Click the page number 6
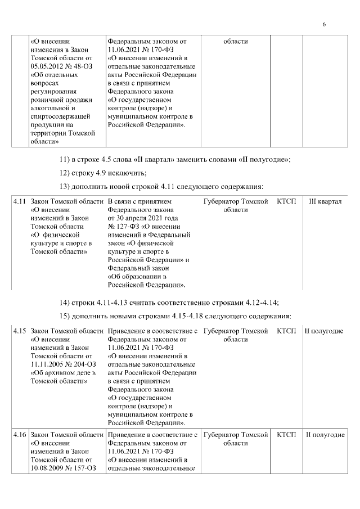[x=325, y=24]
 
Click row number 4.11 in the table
[x=20, y=201]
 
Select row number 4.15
[x=20, y=331]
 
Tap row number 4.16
[x=20, y=435]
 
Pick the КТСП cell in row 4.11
[x=287, y=201]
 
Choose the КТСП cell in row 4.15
[x=287, y=331]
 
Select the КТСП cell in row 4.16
[x=287, y=435]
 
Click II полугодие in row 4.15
[x=324, y=331]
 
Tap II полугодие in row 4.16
[x=325, y=435]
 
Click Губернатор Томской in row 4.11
[x=236, y=201]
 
